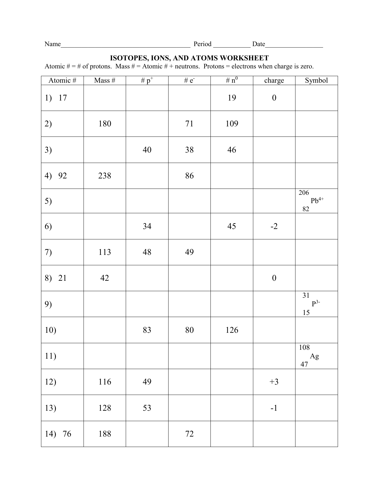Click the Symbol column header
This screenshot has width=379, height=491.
point(316,80)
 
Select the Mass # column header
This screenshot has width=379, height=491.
point(105,80)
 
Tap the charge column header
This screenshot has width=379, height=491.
point(274,80)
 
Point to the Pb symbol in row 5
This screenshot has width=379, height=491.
point(317,201)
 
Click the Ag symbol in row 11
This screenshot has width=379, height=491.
point(314,356)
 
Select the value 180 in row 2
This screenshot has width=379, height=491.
point(105,124)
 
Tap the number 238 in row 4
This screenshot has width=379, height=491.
point(105,176)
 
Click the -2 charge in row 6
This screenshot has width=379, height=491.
point(274,226)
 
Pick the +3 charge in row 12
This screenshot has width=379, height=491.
point(274,382)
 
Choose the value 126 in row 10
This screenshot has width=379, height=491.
point(232,330)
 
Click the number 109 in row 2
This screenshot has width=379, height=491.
point(232,124)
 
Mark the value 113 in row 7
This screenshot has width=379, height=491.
point(105,252)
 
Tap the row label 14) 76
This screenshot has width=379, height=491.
point(58,434)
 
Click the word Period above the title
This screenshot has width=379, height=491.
point(202,44)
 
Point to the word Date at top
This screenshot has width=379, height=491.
point(259,44)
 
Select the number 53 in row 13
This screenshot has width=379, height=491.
point(147,408)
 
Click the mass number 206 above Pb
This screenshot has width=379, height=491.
point(304,193)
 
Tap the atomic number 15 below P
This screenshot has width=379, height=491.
point(306,313)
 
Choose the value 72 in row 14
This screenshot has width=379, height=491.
point(189,434)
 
